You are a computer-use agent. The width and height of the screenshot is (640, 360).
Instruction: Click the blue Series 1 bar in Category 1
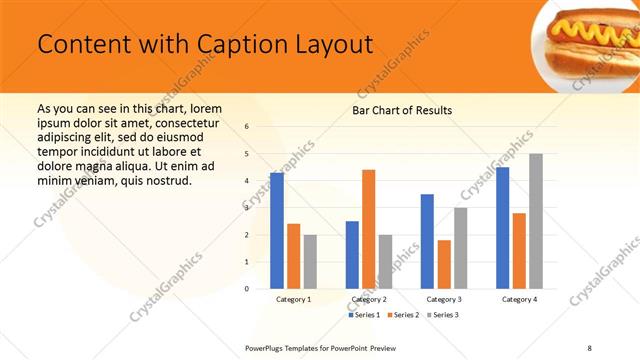click(276, 230)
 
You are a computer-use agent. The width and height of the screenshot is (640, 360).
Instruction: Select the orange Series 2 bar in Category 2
click(368, 229)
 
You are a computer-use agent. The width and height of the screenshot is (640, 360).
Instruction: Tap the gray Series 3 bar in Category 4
click(535, 221)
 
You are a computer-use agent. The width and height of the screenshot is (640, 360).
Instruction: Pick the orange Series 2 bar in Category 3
click(444, 264)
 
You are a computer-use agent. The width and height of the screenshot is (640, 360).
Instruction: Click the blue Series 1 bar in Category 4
click(502, 228)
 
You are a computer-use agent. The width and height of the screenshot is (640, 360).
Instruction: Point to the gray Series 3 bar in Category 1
click(310, 261)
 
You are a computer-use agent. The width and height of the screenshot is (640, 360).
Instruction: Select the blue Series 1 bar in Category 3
click(427, 241)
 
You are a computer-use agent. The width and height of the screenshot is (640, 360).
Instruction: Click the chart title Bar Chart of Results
click(402, 110)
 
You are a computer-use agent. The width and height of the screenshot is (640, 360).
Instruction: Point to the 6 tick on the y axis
click(247, 127)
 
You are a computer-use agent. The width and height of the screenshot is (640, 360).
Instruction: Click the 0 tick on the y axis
click(247, 288)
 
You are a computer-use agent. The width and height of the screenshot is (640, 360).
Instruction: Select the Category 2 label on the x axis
click(368, 299)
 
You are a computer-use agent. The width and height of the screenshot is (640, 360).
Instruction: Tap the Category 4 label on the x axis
click(519, 299)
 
